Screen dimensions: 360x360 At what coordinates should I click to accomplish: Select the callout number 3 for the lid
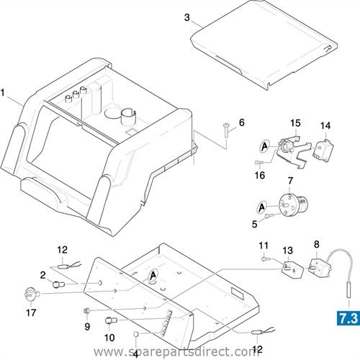(x=166, y=17)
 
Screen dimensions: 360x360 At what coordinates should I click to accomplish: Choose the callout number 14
(x=325, y=125)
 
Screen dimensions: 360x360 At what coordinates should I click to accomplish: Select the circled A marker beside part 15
(x=265, y=145)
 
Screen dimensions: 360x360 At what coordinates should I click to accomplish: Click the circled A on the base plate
(x=152, y=276)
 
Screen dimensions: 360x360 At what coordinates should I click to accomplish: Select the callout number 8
(x=315, y=244)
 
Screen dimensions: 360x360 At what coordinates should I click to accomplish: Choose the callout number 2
(x=43, y=275)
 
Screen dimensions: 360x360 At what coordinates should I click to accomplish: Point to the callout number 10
(x=109, y=337)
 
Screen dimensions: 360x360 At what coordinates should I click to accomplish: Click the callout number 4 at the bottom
(x=135, y=354)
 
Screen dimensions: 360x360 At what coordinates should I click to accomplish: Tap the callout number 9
(x=87, y=326)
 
